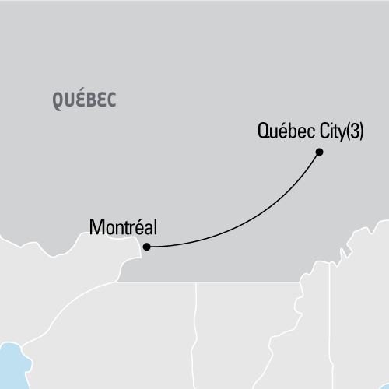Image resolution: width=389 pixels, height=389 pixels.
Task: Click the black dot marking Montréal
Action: point(145,247)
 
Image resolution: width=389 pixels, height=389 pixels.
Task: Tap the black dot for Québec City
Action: point(320,153)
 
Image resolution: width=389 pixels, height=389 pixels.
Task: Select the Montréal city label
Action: point(124,228)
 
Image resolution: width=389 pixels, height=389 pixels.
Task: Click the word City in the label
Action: point(324,131)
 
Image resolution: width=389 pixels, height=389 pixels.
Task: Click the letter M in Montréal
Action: point(96,228)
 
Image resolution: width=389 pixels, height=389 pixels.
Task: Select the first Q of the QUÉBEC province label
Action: point(59,100)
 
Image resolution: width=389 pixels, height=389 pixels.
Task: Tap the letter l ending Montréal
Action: point(156,228)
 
